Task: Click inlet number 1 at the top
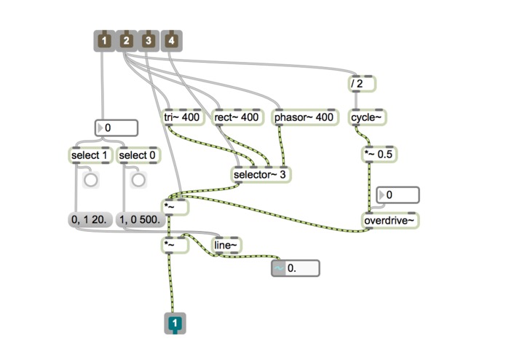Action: click(105, 41)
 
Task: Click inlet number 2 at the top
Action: click(127, 41)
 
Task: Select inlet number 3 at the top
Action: click(149, 41)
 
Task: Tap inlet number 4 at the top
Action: click(172, 41)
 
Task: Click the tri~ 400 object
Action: click(182, 117)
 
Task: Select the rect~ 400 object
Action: click(237, 117)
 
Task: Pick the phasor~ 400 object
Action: click(304, 117)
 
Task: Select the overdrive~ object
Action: click(391, 220)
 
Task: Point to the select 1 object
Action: click(91, 154)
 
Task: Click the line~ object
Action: click(226, 246)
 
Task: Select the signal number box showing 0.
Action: click(295, 268)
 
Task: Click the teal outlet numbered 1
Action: click(175, 323)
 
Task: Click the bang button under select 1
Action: click(90, 179)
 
